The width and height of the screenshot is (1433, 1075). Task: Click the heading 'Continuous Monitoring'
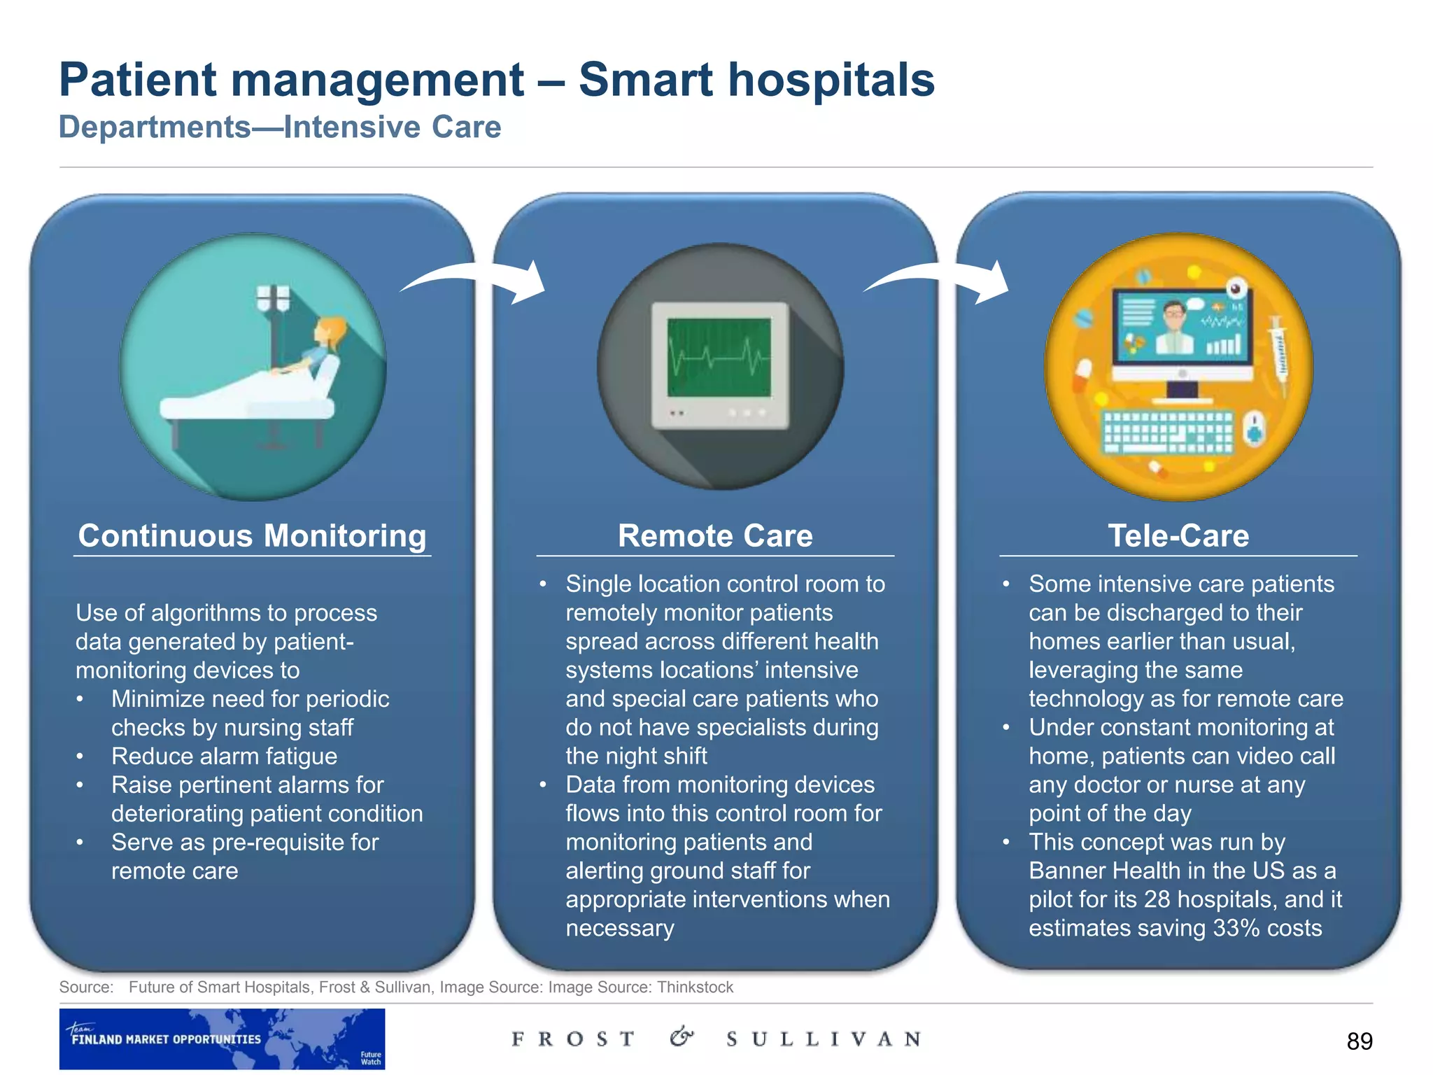point(252,536)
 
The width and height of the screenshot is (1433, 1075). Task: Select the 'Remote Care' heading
point(714,536)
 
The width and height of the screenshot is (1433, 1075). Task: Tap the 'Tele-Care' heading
point(1178,536)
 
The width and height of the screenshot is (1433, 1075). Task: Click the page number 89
point(1359,1041)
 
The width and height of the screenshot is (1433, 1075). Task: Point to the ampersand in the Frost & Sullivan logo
point(682,1037)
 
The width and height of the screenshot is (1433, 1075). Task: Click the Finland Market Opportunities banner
point(222,1039)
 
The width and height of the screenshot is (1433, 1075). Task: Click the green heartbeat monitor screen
point(719,357)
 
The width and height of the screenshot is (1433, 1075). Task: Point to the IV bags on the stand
point(272,297)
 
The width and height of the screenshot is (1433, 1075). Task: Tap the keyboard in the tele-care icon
point(1167,432)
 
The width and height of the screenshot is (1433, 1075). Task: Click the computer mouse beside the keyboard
point(1255,429)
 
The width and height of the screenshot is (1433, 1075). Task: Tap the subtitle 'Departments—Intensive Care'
point(280,127)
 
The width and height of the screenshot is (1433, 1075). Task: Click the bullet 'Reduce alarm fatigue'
point(224,757)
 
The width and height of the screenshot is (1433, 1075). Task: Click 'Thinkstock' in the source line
point(695,988)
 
